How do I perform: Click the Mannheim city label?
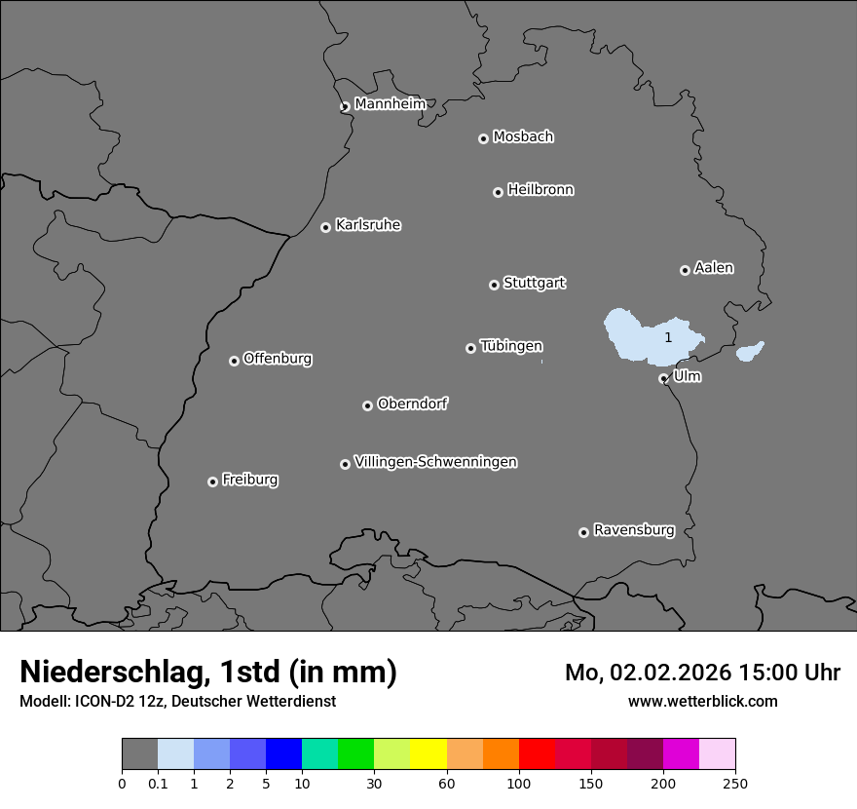390,104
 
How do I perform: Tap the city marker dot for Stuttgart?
494,285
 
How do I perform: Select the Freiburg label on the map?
249,480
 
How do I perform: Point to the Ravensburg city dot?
583,532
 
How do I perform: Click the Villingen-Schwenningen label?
435,462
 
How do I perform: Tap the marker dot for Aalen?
685,270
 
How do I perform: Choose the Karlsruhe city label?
368,225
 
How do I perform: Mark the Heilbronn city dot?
498,192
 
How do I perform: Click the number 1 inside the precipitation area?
668,337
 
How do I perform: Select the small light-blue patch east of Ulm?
749,351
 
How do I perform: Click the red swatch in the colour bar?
537,754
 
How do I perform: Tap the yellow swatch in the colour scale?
428,754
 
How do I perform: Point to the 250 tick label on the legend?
735,783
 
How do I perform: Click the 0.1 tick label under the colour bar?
158,783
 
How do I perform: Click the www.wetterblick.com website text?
702,701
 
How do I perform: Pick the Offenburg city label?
278,359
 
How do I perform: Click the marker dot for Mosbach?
483,138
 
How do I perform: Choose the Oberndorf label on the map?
413,404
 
